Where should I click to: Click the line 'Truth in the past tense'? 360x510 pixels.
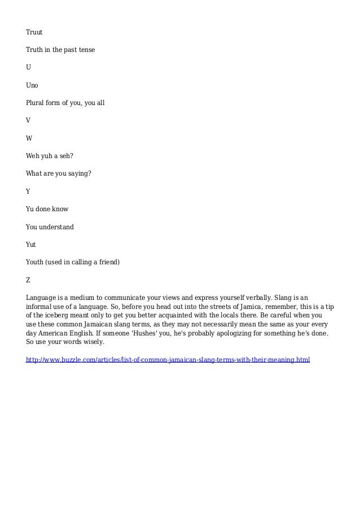60,50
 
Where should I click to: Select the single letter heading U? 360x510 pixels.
28,67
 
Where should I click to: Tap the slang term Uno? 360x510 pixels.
32,85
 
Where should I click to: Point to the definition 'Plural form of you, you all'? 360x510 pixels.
65,103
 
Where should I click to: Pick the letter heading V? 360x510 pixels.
28,120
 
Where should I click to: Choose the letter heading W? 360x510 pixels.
29,138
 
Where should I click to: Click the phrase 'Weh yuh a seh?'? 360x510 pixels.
50,156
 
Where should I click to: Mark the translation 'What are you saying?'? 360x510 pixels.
58,173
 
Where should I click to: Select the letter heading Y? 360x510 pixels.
28,191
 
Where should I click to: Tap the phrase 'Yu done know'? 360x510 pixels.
47,209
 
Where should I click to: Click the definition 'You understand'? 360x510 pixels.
50,226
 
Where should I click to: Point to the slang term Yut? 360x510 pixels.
31,245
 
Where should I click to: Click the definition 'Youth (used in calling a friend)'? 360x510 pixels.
73,262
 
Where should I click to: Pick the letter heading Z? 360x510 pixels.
28,280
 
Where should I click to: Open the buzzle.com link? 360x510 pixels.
168,359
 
